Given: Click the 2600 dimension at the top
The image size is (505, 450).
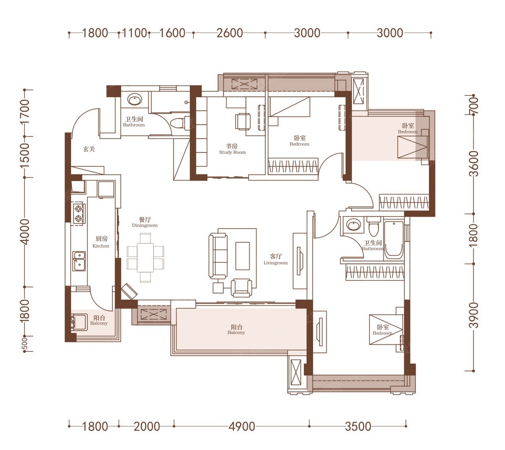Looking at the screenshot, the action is (x=229, y=33).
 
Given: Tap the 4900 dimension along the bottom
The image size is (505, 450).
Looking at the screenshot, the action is (x=242, y=426).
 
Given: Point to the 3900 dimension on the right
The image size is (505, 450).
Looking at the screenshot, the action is (x=474, y=315).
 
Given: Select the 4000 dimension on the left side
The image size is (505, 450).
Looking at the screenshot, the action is (x=25, y=231).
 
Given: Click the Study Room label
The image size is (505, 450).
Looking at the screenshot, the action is (x=232, y=152).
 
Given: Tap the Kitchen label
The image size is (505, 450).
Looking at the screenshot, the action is (x=101, y=246).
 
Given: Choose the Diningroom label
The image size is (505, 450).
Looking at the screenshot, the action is (x=144, y=225).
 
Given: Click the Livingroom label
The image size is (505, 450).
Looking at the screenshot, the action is (x=275, y=262).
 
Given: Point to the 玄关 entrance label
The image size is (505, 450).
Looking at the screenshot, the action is (x=89, y=149).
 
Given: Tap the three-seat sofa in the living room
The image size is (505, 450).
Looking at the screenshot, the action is (x=218, y=256).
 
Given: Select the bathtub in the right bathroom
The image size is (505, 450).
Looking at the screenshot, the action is (x=394, y=239).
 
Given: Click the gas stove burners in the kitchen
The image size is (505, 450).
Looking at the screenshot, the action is (x=78, y=214).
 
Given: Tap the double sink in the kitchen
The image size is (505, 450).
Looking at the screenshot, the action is (x=78, y=261).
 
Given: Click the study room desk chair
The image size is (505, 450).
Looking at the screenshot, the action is (x=243, y=121).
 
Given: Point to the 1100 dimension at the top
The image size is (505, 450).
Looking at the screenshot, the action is (x=135, y=33).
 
